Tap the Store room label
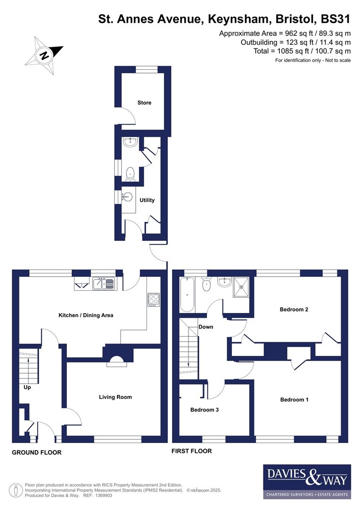coord(144,103)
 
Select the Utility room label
coord(147,200)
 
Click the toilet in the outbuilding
coord(130,173)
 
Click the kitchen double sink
coord(103,283)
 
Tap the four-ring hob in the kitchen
coord(154,299)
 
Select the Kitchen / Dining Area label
coord(86,315)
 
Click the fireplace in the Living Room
coord(116,361)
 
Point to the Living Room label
coord(115,397)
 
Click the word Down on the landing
coord(206,327)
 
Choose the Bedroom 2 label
coord(294,310)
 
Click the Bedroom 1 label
coord(294,400)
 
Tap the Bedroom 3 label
coord(204,410)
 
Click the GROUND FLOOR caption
coord(37,452)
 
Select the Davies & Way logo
coord(307,481)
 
